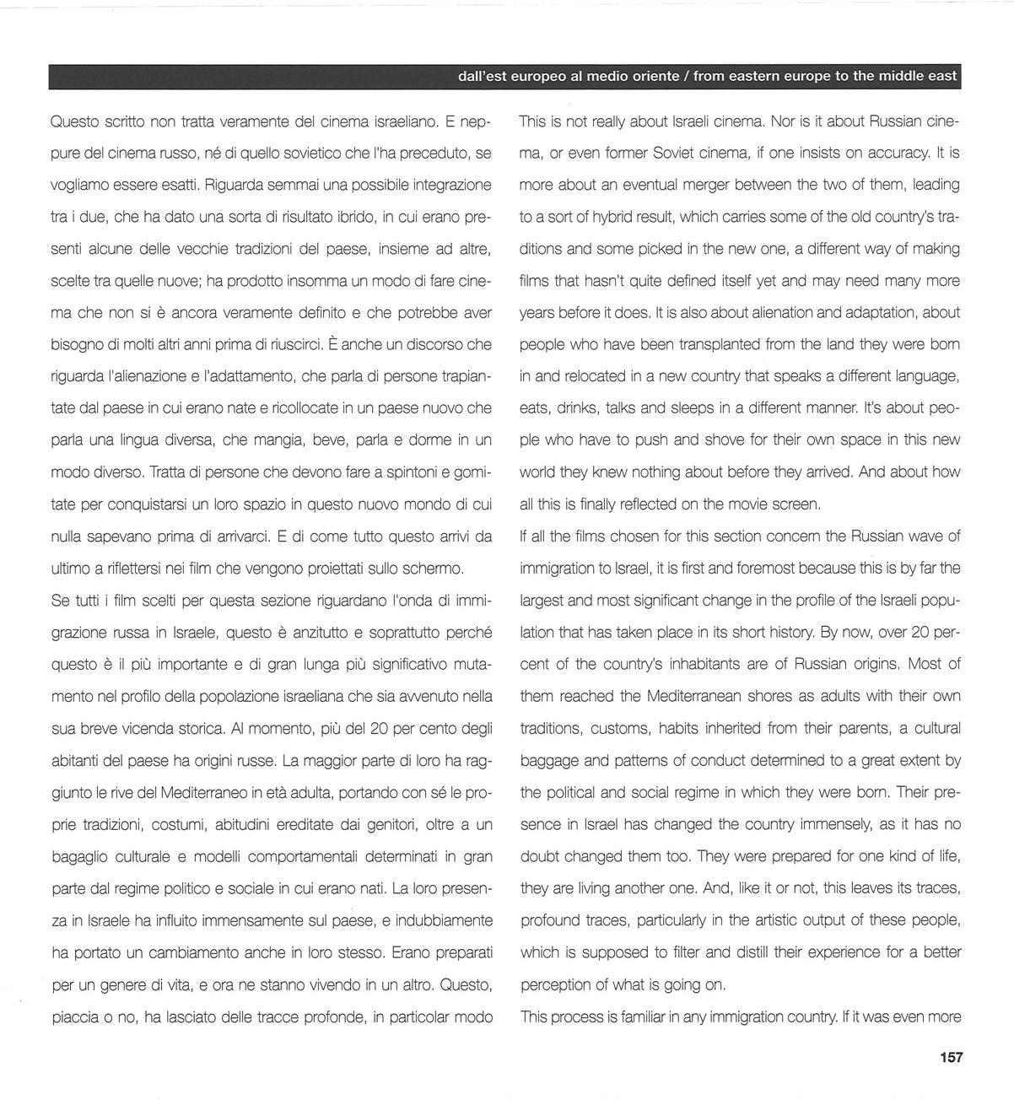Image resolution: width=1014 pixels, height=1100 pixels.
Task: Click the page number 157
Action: [950, 1057]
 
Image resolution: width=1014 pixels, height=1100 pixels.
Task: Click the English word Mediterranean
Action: [699, 697]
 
